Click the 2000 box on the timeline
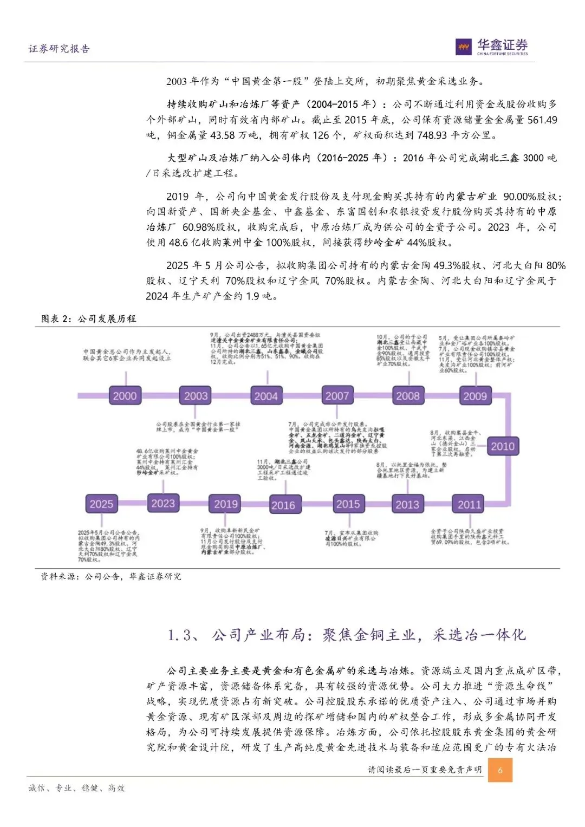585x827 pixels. click(x=125, y=396)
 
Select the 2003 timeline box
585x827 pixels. click(x=196, y=396)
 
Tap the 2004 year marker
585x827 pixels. click(x=266, y=396)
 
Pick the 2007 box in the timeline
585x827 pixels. click(x=337, y=396)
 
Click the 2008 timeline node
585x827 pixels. click(x=408, y=396)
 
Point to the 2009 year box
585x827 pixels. click(x=475, y=396)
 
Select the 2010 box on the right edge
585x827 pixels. click(x=502, y=446)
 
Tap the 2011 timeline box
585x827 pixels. click(x=469, y=504)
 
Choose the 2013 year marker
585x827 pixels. click(x=407, y=504)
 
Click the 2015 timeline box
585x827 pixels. click(x=348, y=504)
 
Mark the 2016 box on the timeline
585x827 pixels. click(x=283, y=505)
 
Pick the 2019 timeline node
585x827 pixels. click(x=226, y=504)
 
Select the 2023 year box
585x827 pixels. click(x=163, y=504)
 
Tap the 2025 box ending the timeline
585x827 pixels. click(x=101, y=504)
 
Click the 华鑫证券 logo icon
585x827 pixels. click(x=464, y=47)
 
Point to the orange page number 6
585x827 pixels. click(x=500, y=770)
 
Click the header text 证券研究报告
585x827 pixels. click(x=59, y=49)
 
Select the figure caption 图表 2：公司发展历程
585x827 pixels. click(x=89, y=318)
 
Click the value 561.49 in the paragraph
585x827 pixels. click(x=542, y=120)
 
